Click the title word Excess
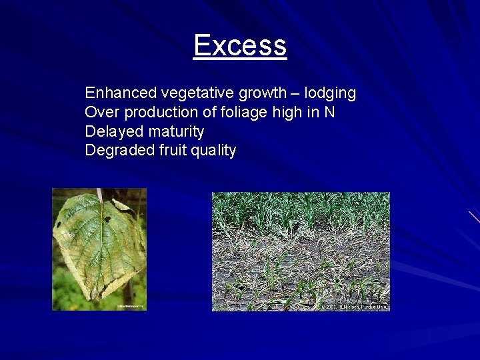point(240,46)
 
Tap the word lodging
point(331,93)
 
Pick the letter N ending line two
point(329,112)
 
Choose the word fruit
point(173,151)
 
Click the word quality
point(215,151)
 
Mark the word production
point(160,112)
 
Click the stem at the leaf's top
point(99,195)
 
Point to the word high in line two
point(287,112)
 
